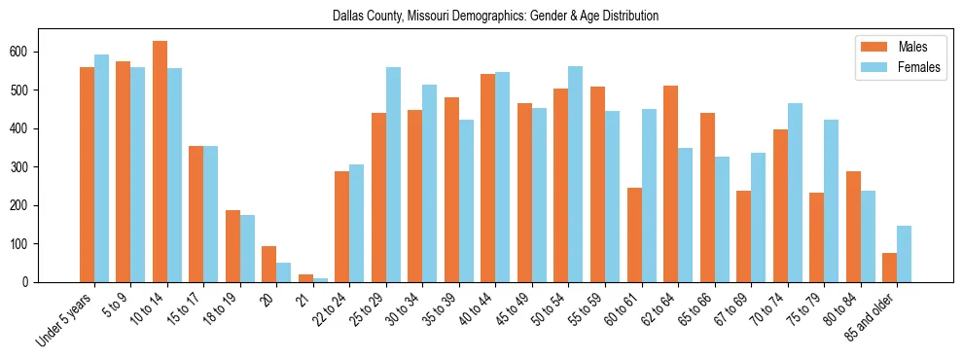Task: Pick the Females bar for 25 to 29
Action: pyautogui.click(x=393, y=175)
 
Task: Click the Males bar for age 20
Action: pyautogui.click(x=269, y=264)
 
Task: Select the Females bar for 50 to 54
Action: pyautogui.click(x=576, y=174)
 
